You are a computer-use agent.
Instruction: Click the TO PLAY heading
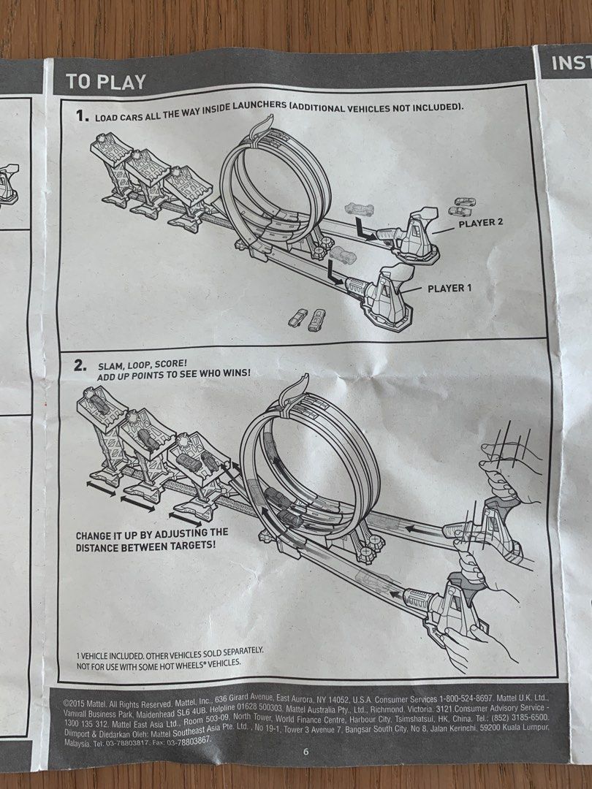(106, 81)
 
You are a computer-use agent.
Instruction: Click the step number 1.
(81, 115)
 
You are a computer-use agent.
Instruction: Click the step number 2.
(80, 366)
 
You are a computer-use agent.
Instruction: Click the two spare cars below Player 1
(306, 320)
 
